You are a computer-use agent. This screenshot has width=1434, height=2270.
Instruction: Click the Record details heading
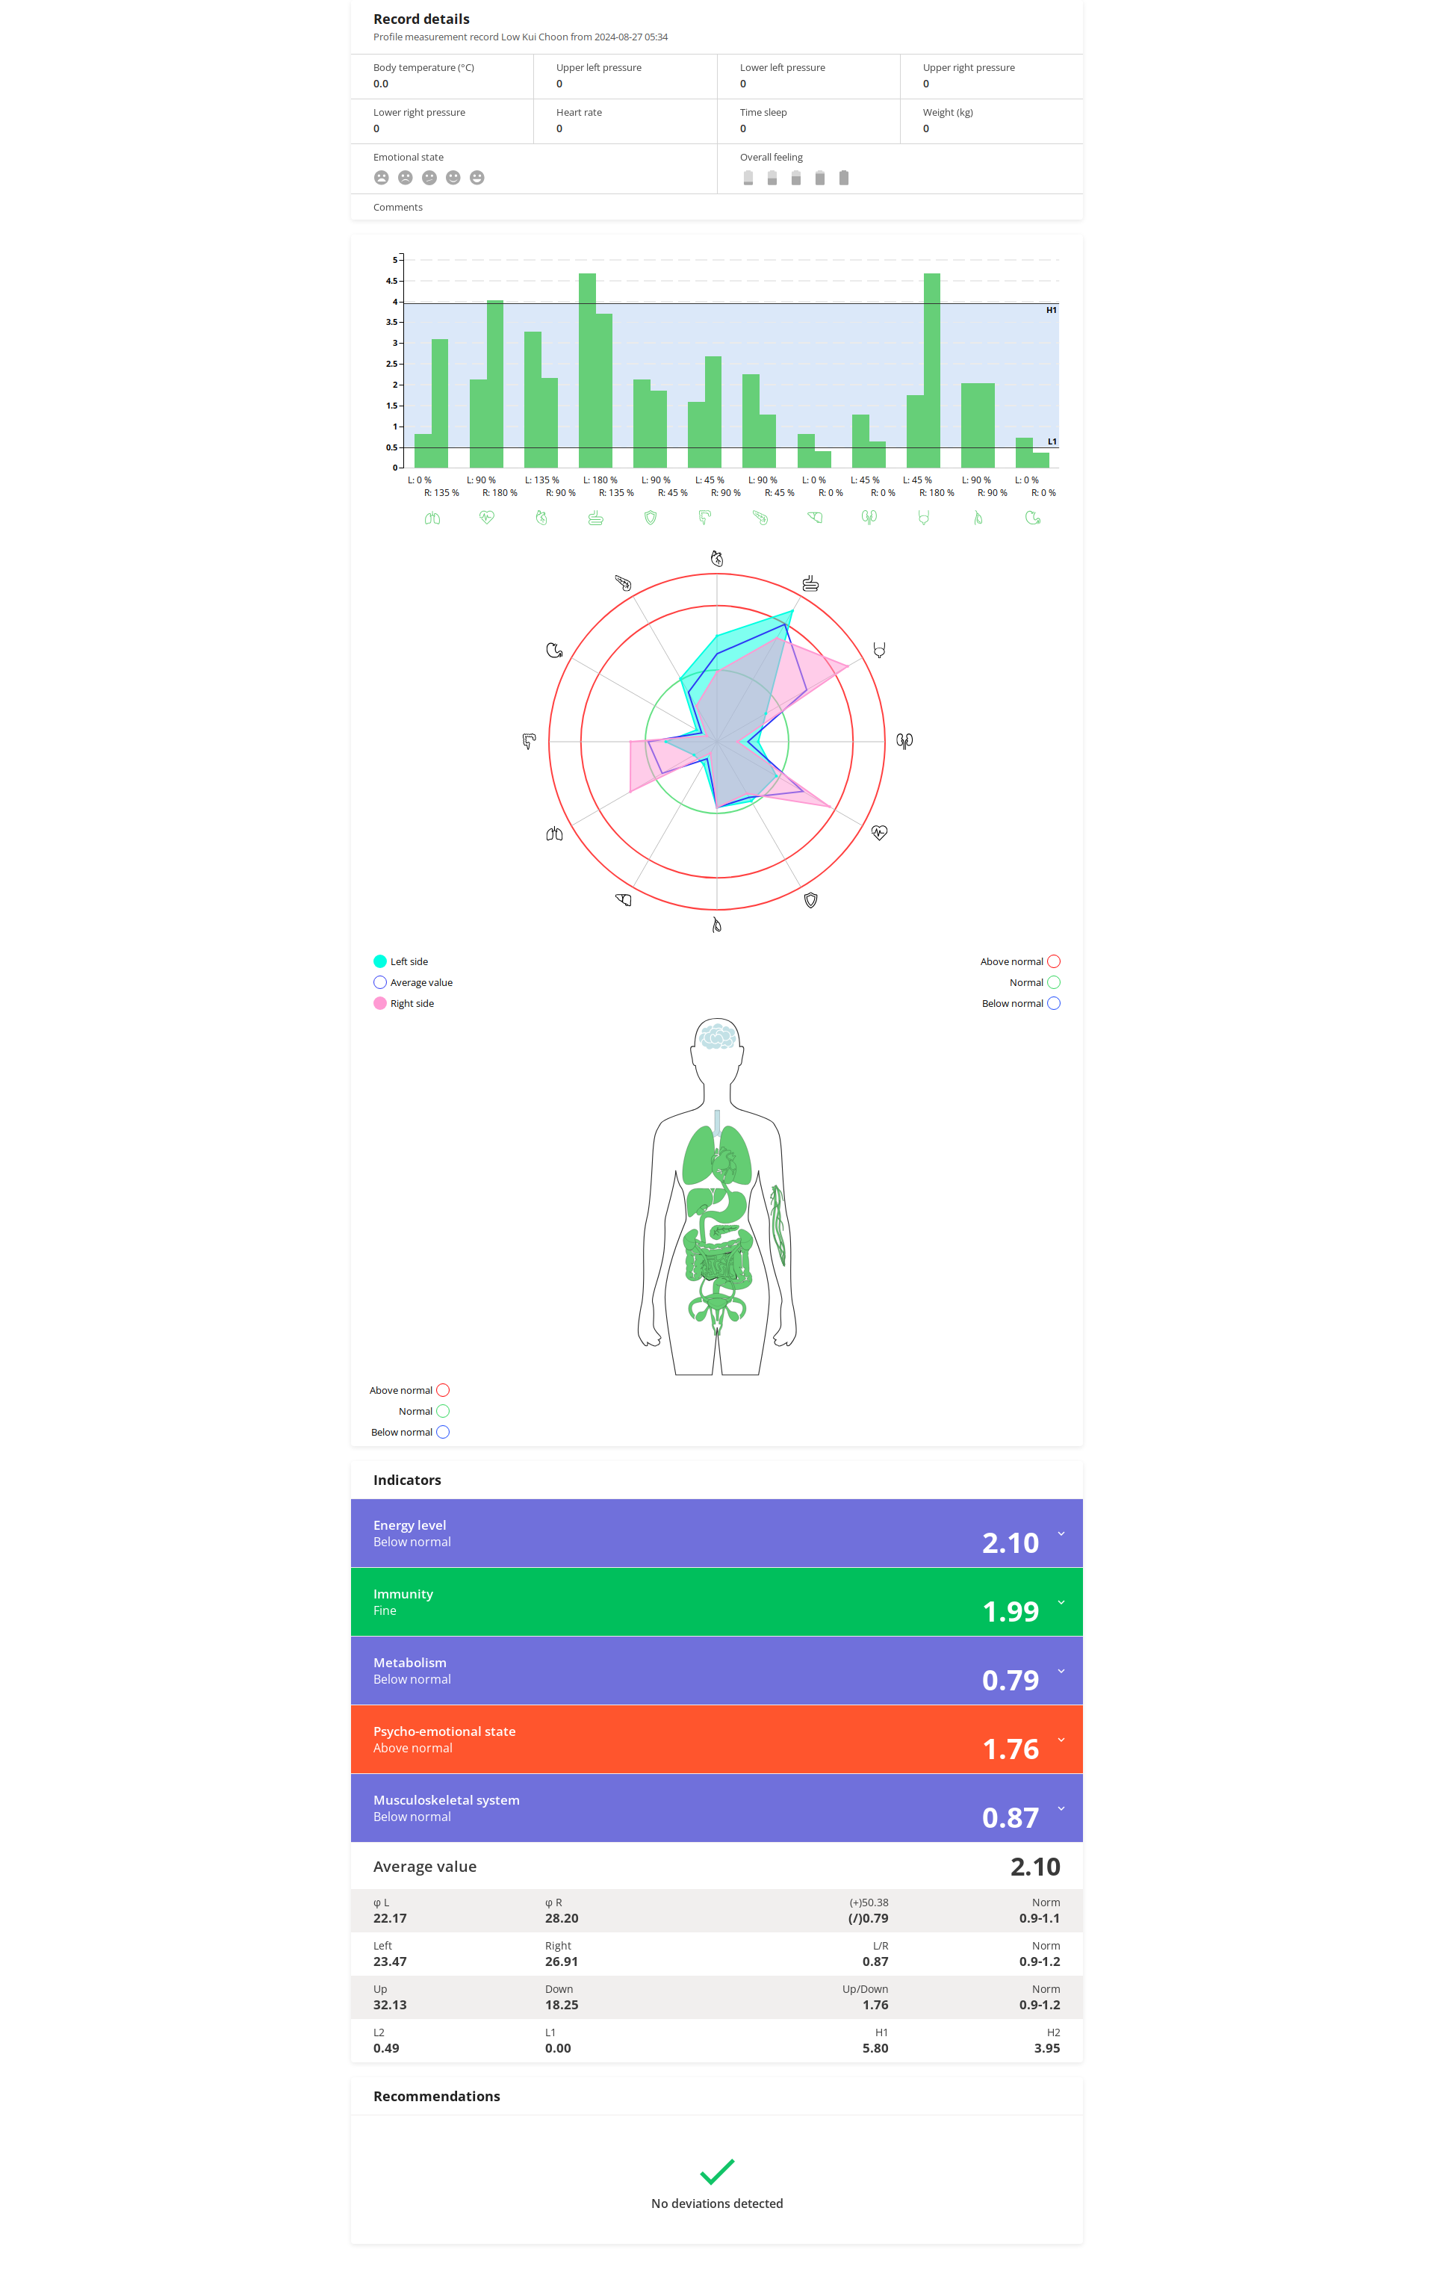click(420, 19)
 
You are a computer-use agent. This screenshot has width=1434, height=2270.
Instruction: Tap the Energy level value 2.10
click(1010, 1542)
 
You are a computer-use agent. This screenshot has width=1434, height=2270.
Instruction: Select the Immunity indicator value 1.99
click(1010, 1611)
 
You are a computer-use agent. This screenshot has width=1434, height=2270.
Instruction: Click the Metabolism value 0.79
click(1010, 1680)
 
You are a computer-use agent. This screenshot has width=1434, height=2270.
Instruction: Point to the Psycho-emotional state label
click(444, 1731)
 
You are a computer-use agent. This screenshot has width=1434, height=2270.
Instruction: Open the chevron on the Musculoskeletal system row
click(1061, 1808)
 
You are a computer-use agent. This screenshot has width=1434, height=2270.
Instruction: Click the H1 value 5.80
click(874, 2047)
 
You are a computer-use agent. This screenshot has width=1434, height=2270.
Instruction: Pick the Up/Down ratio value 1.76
click(874, 2004)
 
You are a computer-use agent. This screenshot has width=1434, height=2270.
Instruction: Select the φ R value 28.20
click(561, 1917)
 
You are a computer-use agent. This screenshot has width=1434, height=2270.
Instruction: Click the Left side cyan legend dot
click(380, 961)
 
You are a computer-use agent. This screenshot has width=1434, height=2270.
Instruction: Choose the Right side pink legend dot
click(380, 1003)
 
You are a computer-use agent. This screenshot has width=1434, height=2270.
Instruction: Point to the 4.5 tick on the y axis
click(391, 281)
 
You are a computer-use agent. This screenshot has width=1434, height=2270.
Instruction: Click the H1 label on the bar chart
click(1051, 310)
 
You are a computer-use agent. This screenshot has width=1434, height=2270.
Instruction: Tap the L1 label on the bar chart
click(1051, 441)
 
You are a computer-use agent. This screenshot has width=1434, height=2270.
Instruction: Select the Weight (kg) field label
click(948, 112)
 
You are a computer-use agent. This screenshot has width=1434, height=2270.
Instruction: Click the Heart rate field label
click(579, 112)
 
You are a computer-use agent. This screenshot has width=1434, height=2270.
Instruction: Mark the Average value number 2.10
click(1034, 1867)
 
